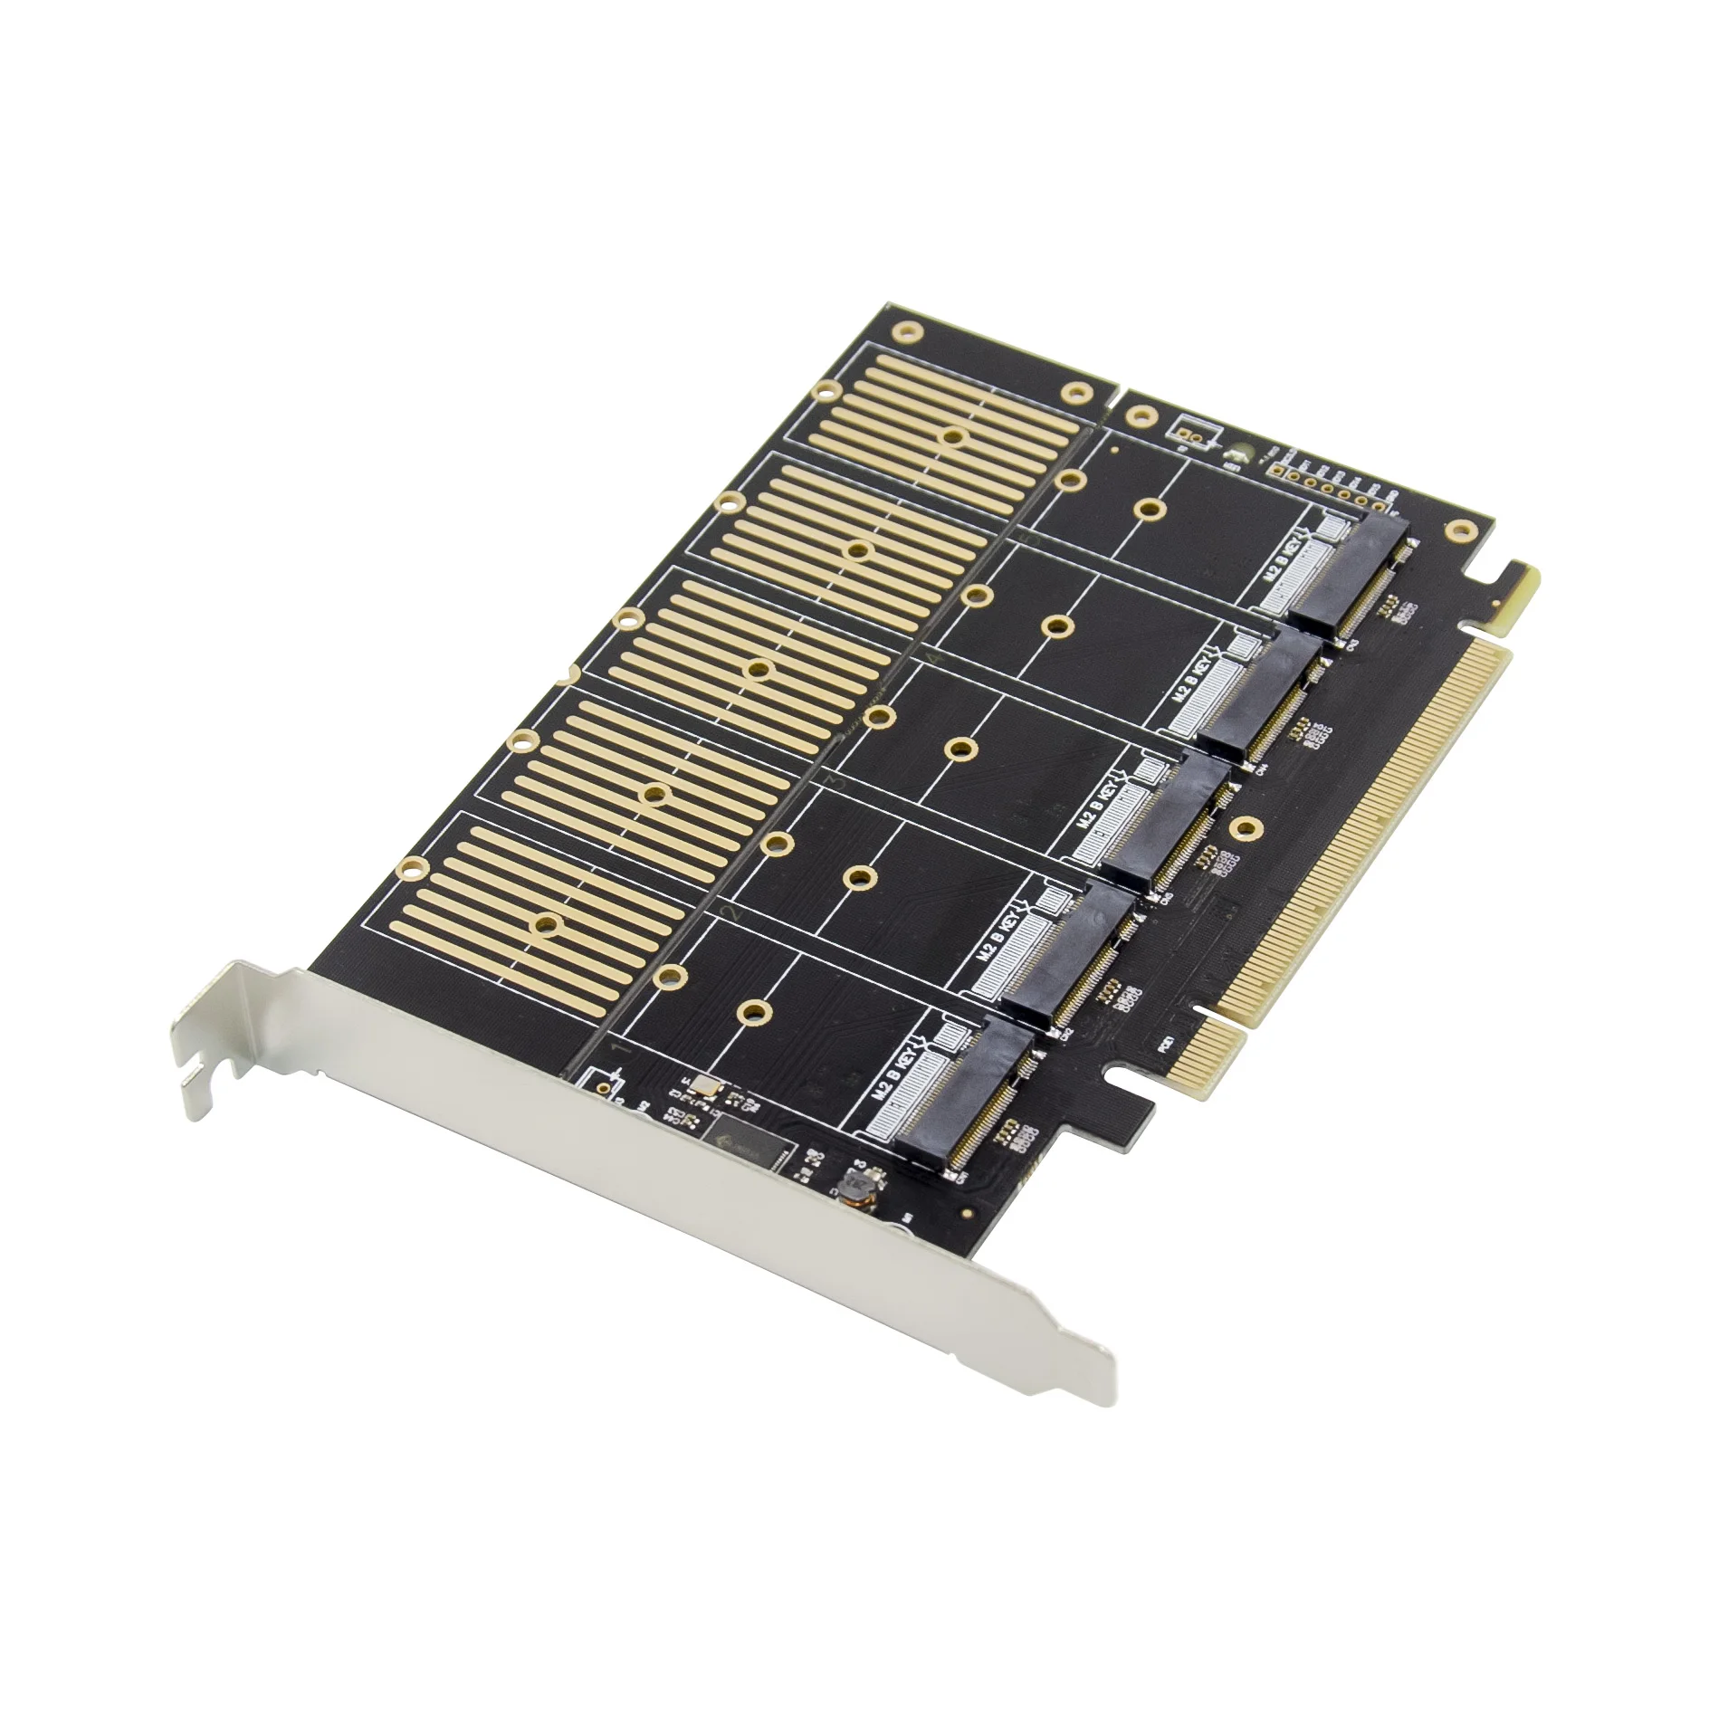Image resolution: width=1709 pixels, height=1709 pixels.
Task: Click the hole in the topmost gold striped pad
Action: coord(951,436)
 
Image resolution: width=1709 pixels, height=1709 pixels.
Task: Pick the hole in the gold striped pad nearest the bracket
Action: coord(545,923)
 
